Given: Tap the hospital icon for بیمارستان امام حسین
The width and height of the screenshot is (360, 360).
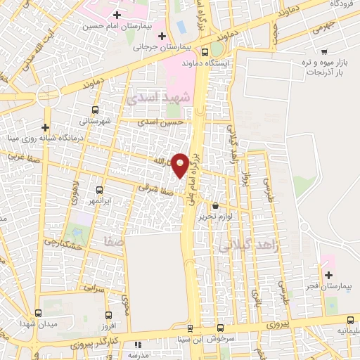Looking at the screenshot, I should pyautogui.click(x=117, y=14).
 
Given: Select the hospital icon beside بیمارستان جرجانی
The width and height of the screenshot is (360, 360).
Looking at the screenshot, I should pyautogui.click(x=162, y=36).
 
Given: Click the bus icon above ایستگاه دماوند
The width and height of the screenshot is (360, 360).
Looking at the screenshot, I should pyautogui.click(x=204, y=52).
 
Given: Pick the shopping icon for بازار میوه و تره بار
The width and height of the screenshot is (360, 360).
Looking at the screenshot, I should pyautogui.click(x=324, y=51).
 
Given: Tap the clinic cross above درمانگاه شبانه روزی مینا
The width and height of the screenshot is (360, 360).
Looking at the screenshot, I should pyautogui.click(x=46, y=127).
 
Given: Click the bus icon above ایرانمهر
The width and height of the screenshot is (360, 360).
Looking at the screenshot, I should pyautogui.click(x=98, y=190).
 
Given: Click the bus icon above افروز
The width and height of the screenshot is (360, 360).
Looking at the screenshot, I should pyautogui.click(x=108, y=316).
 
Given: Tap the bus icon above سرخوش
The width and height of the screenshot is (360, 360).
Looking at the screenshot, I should pyautogui.click(x=190, y=328).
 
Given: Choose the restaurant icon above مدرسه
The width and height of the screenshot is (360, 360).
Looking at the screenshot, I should pyautogui.click(x=138, y=345).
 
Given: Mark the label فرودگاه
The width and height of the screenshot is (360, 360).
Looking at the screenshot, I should pyautogui.click(x=336, y=4).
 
